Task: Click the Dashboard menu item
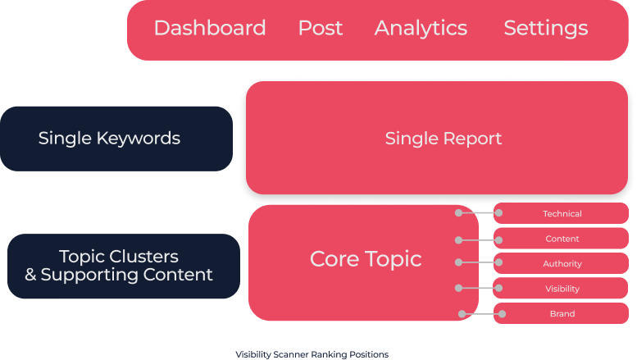click(210, 28)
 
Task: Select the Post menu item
click(321, 28)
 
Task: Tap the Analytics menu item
click(421, 28)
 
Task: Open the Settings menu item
click(545, 28)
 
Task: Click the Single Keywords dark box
click(116, 139)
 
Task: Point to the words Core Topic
click(366, 259)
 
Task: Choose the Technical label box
click(562, 214)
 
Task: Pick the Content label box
click(562, 239)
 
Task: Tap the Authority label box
click(562, 264)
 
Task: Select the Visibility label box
click(562, 289)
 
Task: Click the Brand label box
click(562, 313)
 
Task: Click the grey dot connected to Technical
click(458, 212)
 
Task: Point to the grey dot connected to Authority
click(458, 262)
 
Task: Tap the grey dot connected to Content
click(458, 240)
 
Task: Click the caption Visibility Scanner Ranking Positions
click(312, 354)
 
